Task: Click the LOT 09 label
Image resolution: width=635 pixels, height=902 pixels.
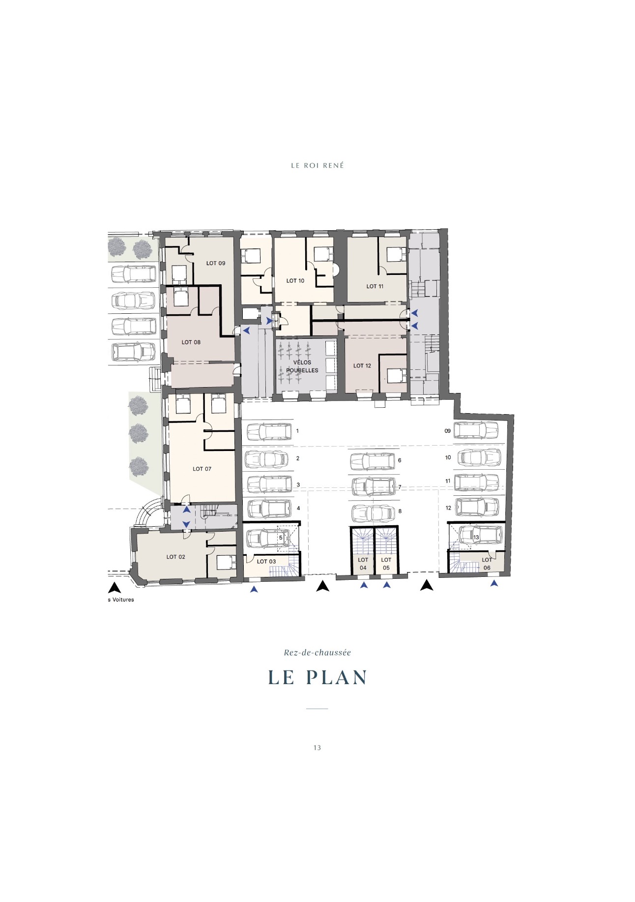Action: (x=216, y=263)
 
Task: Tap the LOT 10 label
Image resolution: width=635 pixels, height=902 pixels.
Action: (x=295, y=281)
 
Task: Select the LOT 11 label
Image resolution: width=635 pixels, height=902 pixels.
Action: (x=375, y=286)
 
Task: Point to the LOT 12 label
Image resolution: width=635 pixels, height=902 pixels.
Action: (x=362, y=366)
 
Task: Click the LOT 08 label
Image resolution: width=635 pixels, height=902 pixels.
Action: (x=191, y=342)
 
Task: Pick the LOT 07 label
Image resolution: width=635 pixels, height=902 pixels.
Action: (x=202, y=469)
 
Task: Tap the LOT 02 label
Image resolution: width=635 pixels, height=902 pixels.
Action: (x=176, y=557)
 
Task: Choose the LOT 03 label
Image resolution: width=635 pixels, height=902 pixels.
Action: (x=266, y=561)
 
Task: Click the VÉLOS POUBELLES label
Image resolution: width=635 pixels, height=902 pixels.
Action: (x=302, y=366)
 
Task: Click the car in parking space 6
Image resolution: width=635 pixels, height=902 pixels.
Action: (x=372, y=461)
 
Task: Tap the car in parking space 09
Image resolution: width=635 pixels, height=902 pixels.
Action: (x=477, y=431)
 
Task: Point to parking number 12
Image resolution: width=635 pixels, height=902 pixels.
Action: (x=448, y=508)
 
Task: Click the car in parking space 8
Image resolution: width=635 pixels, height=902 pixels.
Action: (x=374, y=513)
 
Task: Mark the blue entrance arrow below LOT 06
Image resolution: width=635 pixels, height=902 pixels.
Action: (x=494, y=583)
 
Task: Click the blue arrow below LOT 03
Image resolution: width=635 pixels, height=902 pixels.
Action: (x=254, y=589)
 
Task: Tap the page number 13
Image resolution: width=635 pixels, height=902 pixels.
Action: (x=317, y=748)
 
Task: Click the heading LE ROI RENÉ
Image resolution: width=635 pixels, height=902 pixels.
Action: (x=317, y=166)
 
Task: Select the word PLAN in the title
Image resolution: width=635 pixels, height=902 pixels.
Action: (x=337, y=677)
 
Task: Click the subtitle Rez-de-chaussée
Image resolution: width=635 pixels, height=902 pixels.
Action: (x=317, y=653)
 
